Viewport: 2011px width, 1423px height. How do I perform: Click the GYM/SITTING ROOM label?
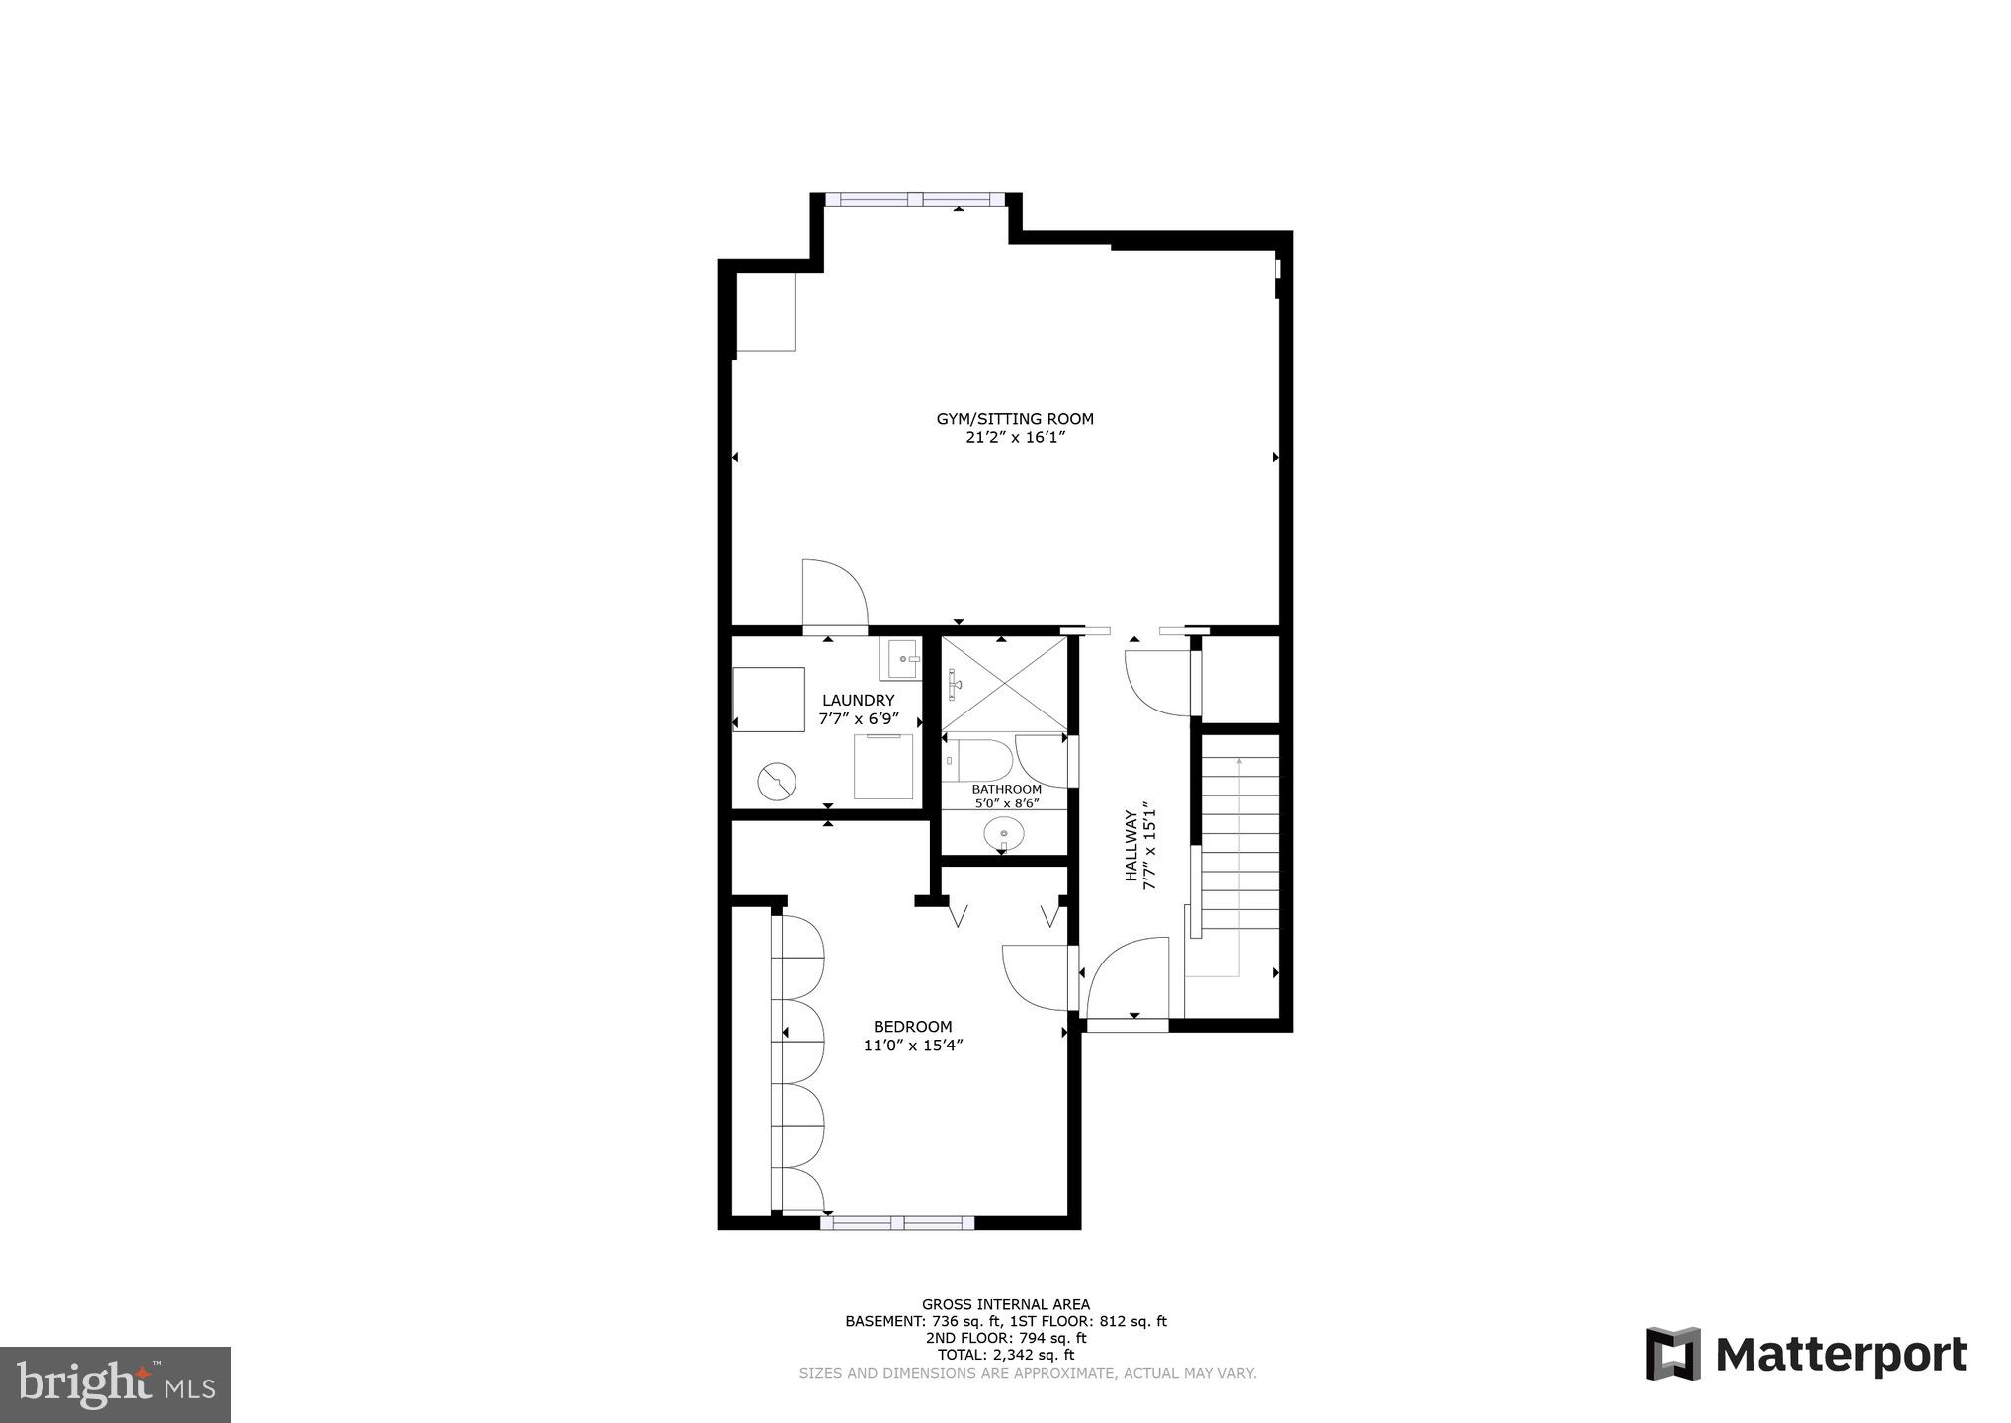(x=1015, y=419)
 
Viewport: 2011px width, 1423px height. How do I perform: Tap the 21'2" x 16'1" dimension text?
(x=1015, y=438)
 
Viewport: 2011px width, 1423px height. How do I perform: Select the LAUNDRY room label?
(x=858, y=700)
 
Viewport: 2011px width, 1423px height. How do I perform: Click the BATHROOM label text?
(x=1006, y=789)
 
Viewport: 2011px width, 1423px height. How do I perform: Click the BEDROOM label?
(x=912, y=1026)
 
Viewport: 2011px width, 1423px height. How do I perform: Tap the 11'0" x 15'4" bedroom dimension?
(x=912, y=1046)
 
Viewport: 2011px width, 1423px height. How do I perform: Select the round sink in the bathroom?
(x=1003, y=833)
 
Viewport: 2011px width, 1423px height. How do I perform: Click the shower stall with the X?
(x=1004, y=684)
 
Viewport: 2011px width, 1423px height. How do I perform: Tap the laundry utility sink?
(x=901, y=659)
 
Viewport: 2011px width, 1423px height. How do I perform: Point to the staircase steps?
(x=1239, y=840)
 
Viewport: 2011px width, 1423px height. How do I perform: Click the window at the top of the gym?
(x=915, y=199)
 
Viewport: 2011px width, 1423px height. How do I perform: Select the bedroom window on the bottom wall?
(x=897, y=1223)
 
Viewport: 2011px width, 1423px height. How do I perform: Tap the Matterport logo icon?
(x=1674, y=1353)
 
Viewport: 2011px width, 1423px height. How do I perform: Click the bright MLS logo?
(x=116, y=1384)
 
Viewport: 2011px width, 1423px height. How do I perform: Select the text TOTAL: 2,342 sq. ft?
(x=1005, y=1355)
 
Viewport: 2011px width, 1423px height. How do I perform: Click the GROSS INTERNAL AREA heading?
(x=1005, y=1304)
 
